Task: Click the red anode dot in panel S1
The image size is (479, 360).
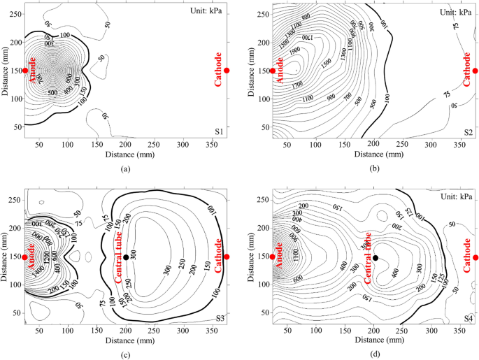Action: [25, 70]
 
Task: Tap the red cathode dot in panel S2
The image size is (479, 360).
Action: [475, 70]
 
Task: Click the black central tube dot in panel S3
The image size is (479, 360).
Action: [126, 257]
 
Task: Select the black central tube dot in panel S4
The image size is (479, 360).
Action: [376, 257]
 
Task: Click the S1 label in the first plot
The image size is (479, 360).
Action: [218, 131]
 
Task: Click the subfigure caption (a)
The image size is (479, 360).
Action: [125, 169]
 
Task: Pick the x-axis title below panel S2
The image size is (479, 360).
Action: [374, 153]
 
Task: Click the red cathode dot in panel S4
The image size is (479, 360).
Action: [475, 257]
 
